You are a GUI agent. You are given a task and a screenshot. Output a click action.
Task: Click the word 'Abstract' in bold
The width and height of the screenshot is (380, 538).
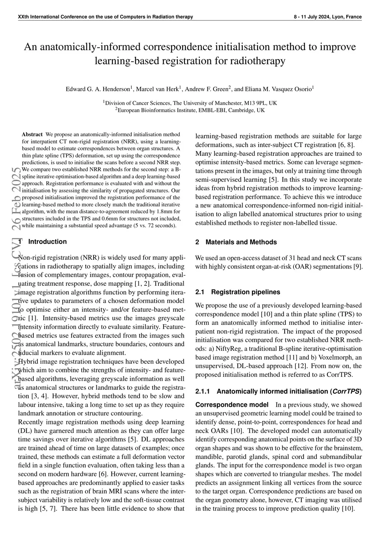click(x=32, y=134)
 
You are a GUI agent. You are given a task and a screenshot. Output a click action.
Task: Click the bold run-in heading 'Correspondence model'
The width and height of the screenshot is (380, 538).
click(x=232, y=405)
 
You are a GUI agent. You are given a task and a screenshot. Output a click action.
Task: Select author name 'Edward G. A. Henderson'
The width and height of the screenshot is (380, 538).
click(x=98, y=89)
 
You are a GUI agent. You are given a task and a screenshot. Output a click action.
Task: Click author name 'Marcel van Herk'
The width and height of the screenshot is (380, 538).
click(x=158, y=89)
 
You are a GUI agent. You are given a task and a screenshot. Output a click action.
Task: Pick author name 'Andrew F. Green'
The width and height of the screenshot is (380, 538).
click(x=206, y=89)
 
